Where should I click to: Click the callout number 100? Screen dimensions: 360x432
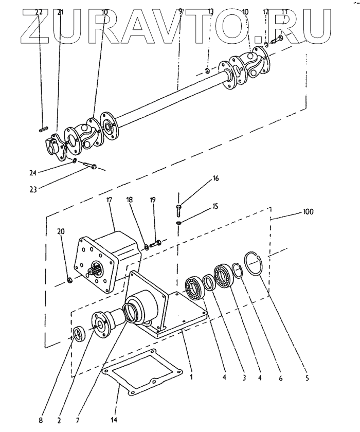pos(308,211)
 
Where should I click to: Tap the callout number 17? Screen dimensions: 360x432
pos(109,200)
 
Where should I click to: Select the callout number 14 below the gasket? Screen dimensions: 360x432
pos(114,420)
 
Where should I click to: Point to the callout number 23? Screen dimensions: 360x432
pos(33,190)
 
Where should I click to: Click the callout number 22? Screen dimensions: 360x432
pos(39,12)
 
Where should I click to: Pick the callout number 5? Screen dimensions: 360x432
pos(307,377)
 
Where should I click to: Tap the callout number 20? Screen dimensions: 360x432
pos(61,231)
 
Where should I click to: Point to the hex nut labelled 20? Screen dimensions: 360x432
pos(70,280)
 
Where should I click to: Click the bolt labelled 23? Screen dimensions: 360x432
pos(90,165)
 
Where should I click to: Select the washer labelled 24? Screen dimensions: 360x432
pos(75,160)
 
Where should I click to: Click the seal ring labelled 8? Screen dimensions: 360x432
pos(80,334)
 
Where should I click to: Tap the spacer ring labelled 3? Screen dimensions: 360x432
pos(210,282)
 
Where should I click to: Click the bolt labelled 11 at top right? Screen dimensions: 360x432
pos(277,40)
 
